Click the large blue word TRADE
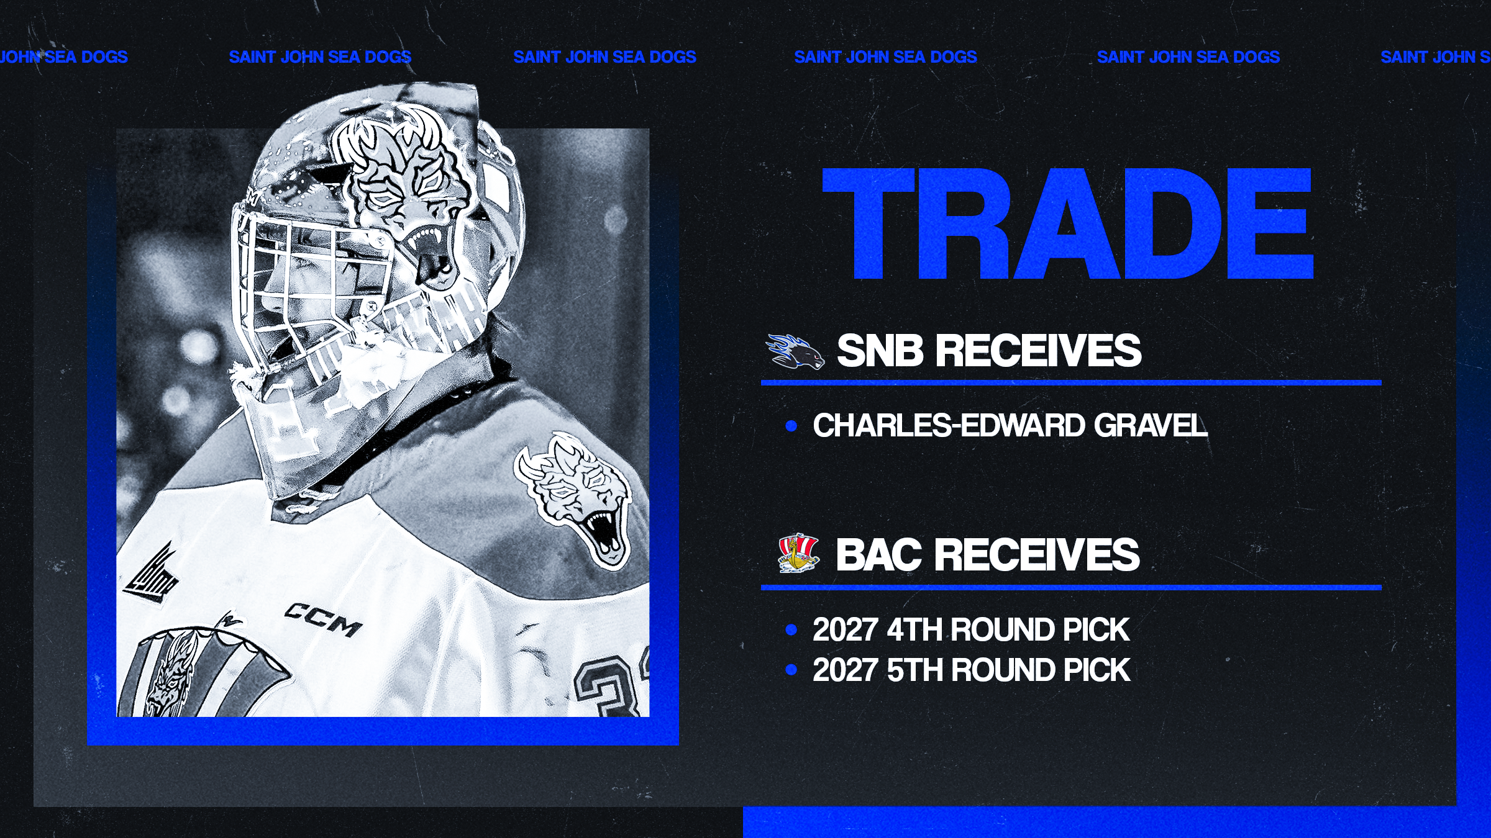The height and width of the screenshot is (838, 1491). coord(1067,223)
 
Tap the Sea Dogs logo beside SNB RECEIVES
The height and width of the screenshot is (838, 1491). coord(795,351)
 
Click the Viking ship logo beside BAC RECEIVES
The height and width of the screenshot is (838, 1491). coord(798,553)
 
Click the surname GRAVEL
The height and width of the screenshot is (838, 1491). coord(1151,425)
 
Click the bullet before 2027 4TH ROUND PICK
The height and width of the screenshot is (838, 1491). coord(791,630)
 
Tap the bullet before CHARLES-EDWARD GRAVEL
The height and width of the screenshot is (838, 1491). coord(791,426)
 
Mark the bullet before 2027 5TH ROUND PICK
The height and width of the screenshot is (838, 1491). coord(791,670)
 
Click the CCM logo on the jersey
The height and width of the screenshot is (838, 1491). coord(323,619)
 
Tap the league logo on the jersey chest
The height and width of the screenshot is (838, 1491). coord(152,574)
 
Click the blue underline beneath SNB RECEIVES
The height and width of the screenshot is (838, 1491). coord(1071,383)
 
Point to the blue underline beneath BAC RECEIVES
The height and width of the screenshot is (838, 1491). coord(1071,587)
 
